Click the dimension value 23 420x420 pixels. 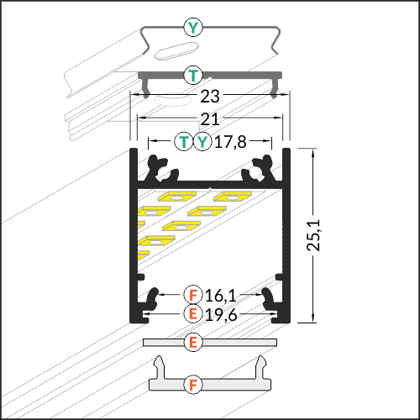click(x=210, y=97)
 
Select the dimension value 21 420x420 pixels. click(x=210, y=119)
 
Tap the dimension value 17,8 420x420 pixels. click(x=230, y=142)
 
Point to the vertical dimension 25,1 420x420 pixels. click(x=313, y=235)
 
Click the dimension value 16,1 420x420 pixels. click(x=221, y=296)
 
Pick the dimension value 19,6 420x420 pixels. click(x=221, y=315)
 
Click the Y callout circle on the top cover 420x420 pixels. click(x=193, y=28)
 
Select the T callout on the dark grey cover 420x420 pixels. click(x=193, y=75)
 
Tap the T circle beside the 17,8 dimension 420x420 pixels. click(x=184, y=142)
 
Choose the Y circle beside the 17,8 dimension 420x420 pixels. click(x=202, y=142)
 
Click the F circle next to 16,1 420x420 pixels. click(x=193, y=295)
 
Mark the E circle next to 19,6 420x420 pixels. click(x=193, y=313)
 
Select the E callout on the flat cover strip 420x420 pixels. click(x=193, y=342)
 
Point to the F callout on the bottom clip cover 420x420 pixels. click(x=193, y=385)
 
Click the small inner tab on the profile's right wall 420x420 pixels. click(x=279, y=277)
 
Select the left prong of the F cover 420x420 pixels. click(x=160, y=367)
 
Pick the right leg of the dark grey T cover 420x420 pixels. click(x=275, y=87)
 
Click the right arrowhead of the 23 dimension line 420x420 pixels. click(x=286, y=95)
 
